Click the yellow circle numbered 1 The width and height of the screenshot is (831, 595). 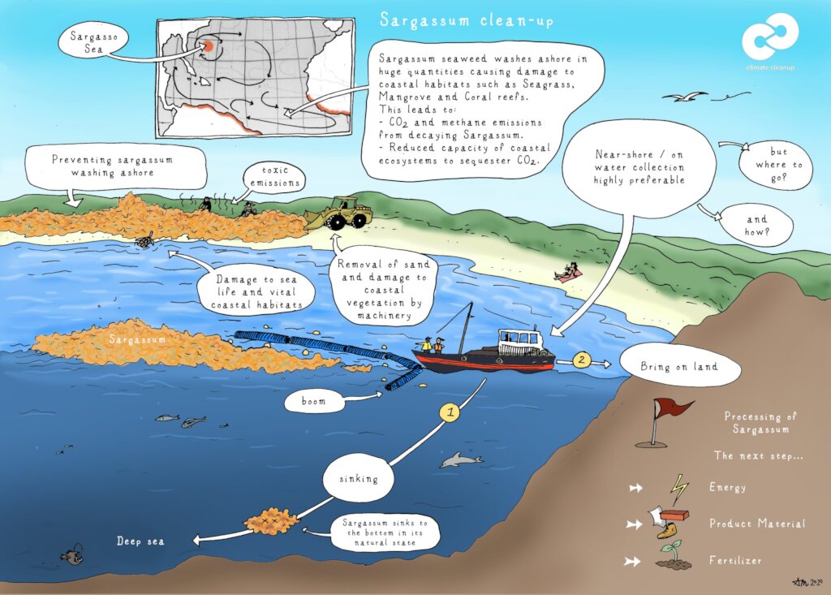450,412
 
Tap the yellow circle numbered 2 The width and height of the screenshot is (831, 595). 581,360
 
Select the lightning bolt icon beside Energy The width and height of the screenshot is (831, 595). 679,489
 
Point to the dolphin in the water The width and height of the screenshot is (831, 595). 461,459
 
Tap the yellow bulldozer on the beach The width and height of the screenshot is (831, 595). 339,213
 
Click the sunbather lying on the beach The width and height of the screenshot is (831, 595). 568,273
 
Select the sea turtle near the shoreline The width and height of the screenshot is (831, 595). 144,241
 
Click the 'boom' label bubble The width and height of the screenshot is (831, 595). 314,402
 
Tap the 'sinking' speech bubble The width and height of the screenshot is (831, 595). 359,479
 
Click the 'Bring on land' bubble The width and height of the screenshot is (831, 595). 679,366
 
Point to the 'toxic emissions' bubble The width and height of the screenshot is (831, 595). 274,177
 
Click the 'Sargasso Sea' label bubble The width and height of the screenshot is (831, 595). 94,42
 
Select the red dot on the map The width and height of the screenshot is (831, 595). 209,45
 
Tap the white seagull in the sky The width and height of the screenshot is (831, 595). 685,97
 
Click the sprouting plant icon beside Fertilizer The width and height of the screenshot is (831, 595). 674,556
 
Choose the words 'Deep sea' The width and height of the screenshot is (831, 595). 140,541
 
